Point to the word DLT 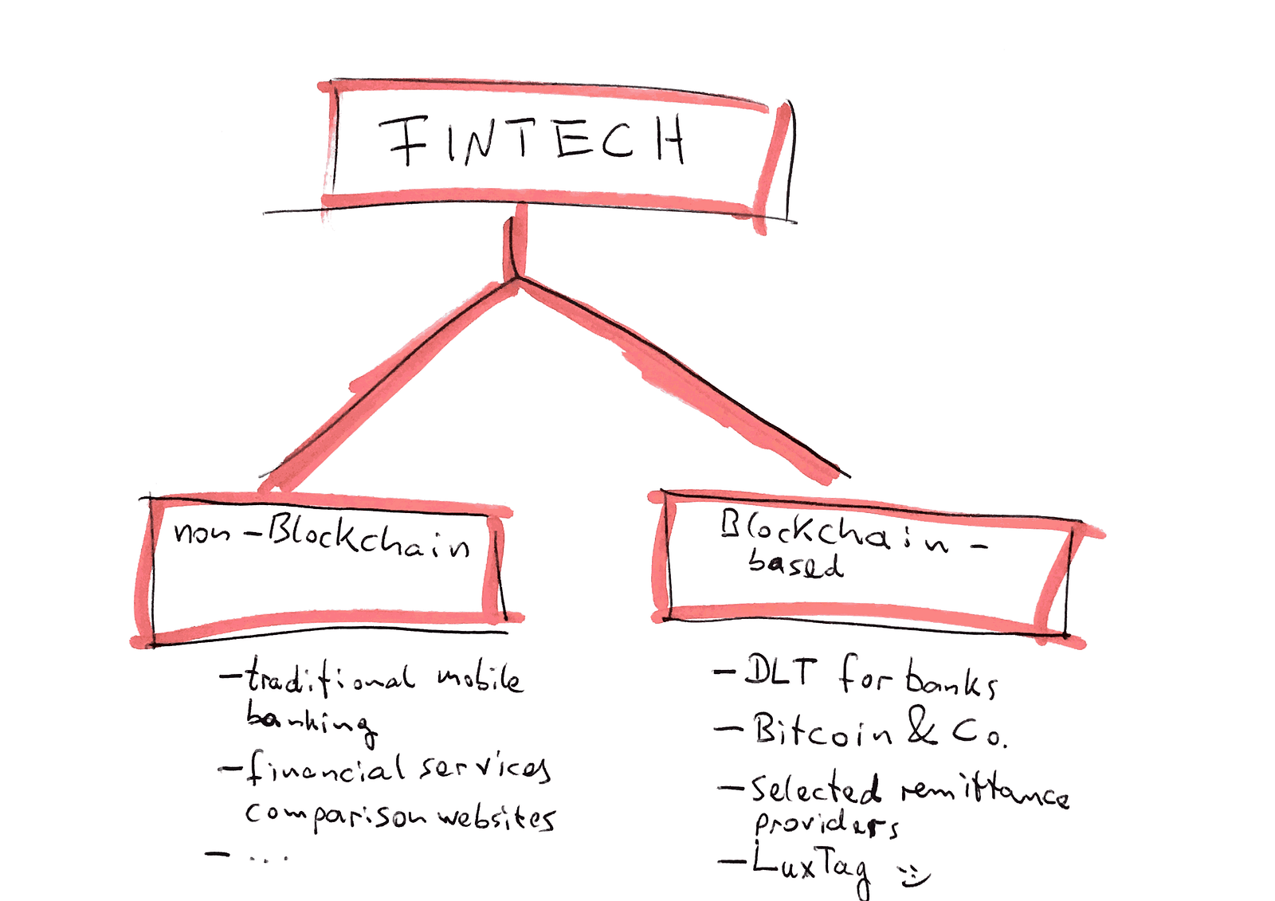click(x=780, y=672)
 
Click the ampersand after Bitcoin click(x=921, y=727)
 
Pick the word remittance click(x=985, y=792)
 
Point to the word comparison click(x=335, y=815)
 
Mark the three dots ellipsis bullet click(x=268, y=858)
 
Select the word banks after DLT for click(x=951, y=681)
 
